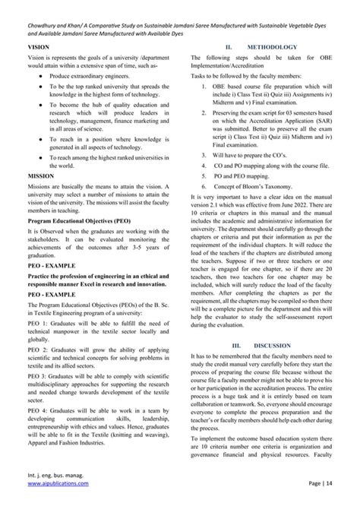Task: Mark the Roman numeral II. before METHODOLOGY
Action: pyautogui.click(x=228, y=68)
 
